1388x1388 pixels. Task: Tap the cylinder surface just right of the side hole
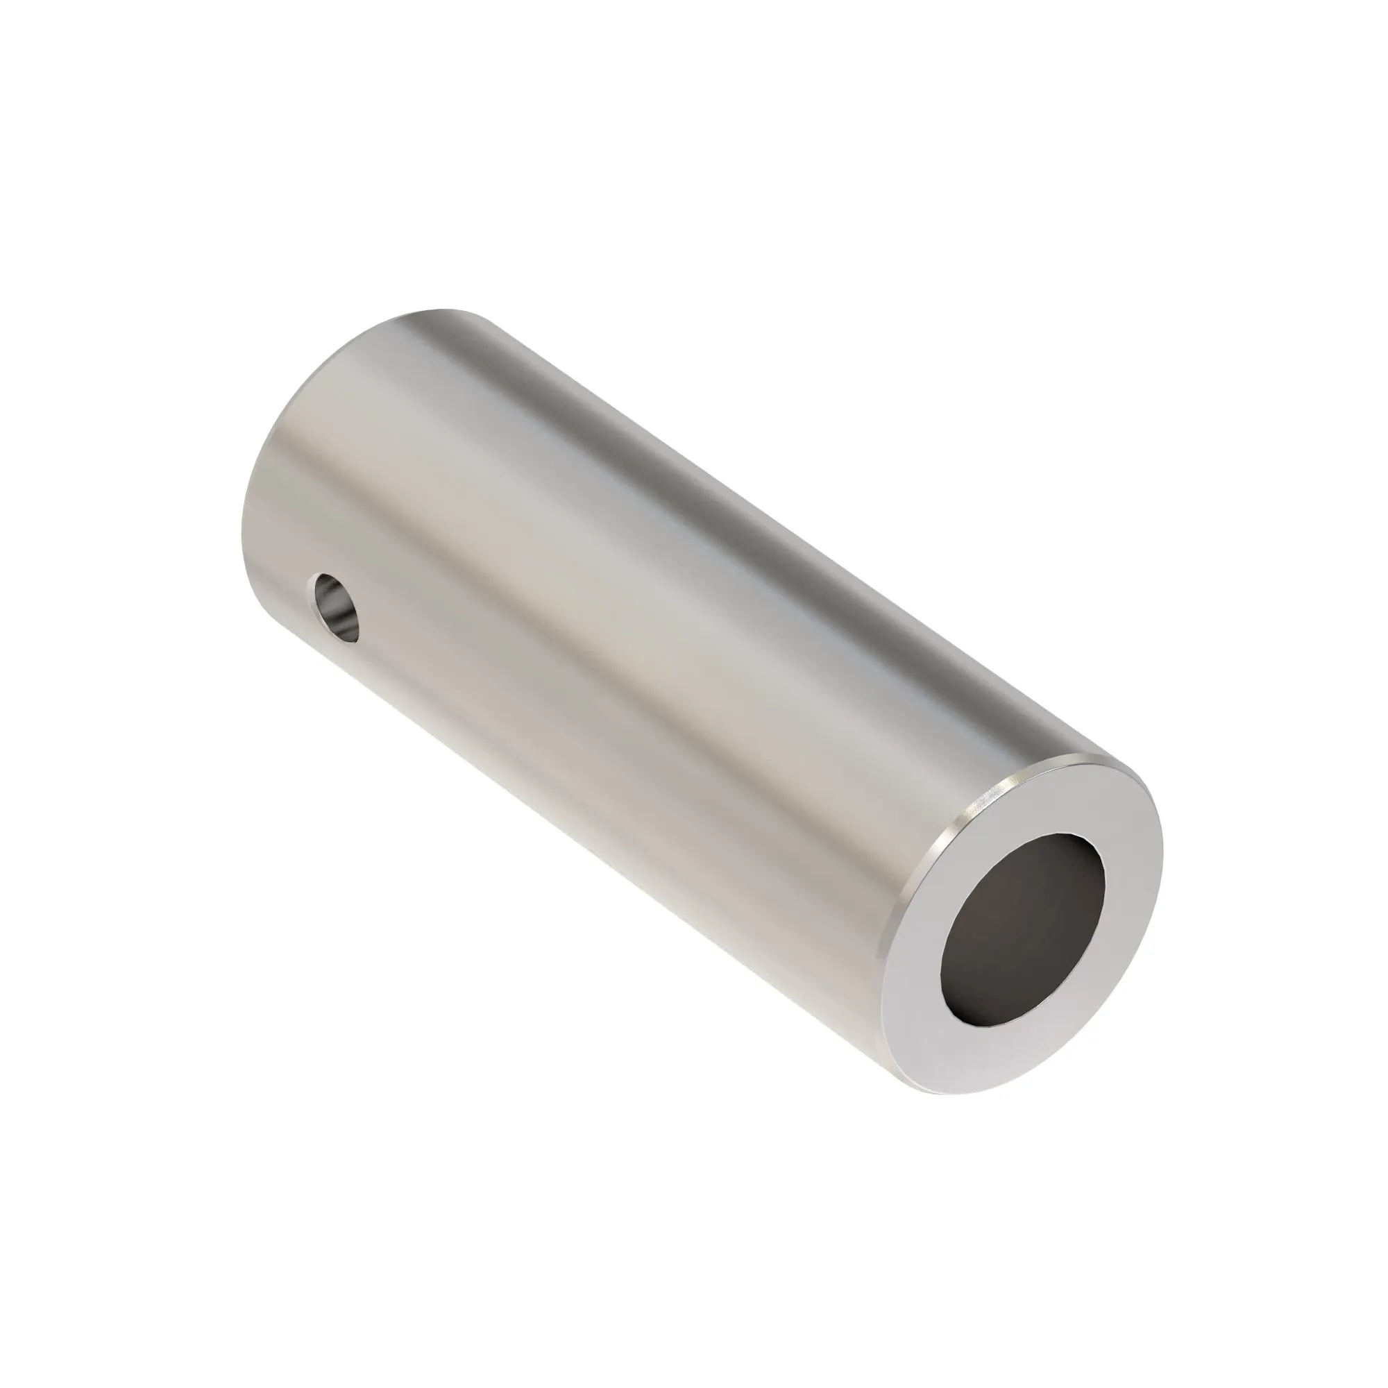click(403, 632)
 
